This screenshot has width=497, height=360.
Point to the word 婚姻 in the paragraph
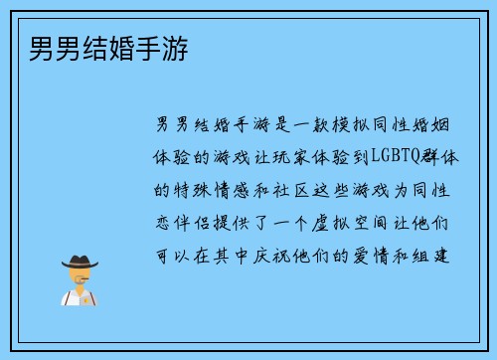pos(442,125)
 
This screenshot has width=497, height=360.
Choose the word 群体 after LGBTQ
pos(442,157)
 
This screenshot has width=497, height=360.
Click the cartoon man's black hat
pos(80,261)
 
